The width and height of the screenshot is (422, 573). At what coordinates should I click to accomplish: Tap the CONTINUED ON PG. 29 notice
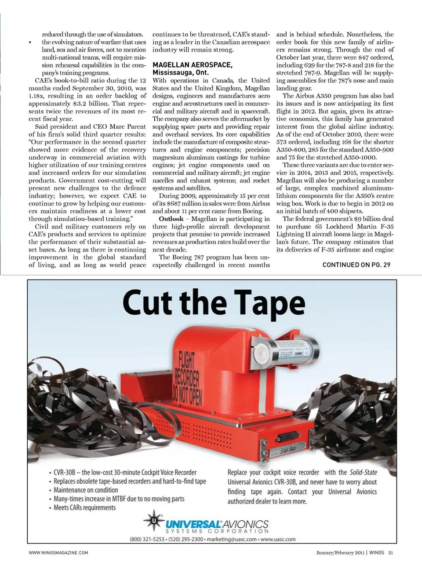[x=356, y=264]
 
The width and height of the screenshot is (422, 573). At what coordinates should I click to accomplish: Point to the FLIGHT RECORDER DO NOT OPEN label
[x=188, y=380]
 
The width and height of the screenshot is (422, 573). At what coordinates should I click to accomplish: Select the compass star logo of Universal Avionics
[x=154, y=521]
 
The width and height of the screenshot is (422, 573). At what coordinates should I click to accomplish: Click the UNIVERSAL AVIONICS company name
[x=217, y=524]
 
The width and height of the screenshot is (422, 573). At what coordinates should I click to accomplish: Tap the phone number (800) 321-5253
[x=147, y=539]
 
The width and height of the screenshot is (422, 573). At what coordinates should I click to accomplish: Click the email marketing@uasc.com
[x=231, y=539]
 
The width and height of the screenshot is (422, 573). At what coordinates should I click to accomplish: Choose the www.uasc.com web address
[x=278, y=539]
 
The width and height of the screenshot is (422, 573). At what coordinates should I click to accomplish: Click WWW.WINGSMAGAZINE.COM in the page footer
[x=58, y=553]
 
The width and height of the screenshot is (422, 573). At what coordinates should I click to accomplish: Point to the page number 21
[x=390, y=553]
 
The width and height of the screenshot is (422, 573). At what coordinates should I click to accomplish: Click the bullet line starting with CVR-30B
[x=125, y=472]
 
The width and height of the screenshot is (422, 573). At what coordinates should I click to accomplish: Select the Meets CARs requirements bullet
[x=84, y=508]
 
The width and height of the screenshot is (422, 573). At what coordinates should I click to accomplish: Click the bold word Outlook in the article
[x=171, y=219]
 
